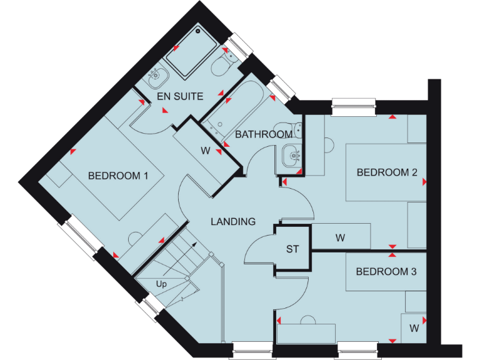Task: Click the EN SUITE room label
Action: [x=180, y=96]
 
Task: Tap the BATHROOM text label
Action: [x=264, y=134]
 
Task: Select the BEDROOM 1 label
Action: [x=117, y=176]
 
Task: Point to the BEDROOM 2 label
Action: [x=386, y=172]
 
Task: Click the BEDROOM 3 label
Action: [x=386, y=272]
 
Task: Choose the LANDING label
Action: [x=232, y=221]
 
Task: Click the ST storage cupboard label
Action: [x=292, y=249]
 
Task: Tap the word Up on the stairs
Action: [x=161, y=283]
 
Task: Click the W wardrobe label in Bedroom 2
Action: [x=340, y=237]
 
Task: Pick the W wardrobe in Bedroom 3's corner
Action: [x=414, y=327]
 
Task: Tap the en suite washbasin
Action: [x=157, y=80]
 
